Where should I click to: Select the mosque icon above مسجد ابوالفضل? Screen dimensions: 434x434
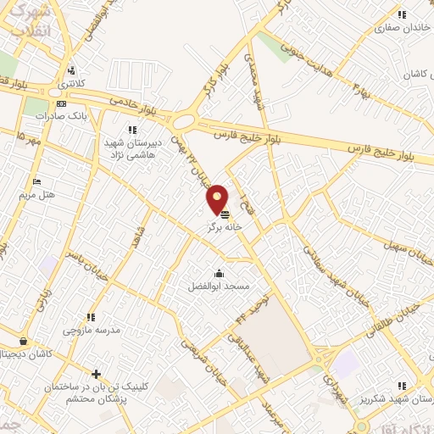[220, 273]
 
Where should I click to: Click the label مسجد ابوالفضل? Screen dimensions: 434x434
[220, 287]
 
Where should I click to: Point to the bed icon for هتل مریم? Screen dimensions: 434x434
[36, 181]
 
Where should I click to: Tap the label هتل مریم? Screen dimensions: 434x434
[36, 194]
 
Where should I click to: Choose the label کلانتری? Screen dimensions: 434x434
[72, 86]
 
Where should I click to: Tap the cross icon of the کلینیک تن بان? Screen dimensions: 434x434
[96, 374]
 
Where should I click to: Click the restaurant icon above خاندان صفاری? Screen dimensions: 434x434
[402, 14]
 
